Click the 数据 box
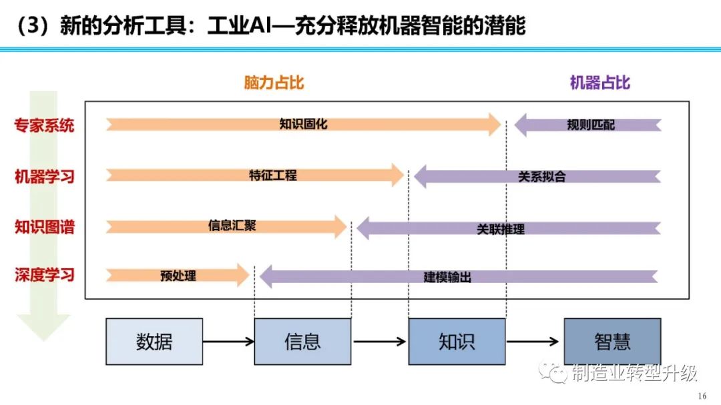pos(154,342)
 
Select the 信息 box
pos(302,342)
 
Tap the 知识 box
pos(457,342)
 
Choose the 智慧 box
pos(612,342)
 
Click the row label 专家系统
pos(45,125)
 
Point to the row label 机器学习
pos(45,177)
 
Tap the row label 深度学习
pos(45,275)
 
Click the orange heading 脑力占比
pos(274,83)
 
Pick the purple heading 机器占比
pos(599,83)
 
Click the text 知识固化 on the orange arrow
pos(303,124)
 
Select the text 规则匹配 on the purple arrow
pos(591,125)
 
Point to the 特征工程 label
pos(272,175)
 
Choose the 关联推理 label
pos(500,229)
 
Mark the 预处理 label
pos(178,275)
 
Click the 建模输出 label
pos(447,277)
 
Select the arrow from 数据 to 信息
pos(228,342)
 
